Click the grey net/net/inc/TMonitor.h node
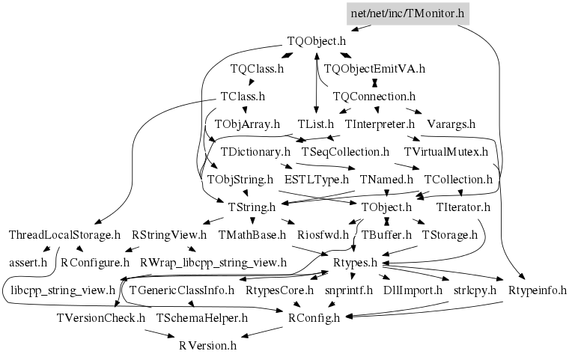tap(409, 13)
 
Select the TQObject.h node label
tap(317, 42)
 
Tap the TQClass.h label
tap(257, 69)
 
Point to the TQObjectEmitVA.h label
tap(374, 69)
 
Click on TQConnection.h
tap(374, 97)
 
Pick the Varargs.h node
tap(451, 123)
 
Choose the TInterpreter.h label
tap(380, 123)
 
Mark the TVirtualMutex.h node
tap(445, 151)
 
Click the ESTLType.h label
tap(317, 179)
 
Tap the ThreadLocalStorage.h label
tap(64, 234)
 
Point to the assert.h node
tap(28, 262)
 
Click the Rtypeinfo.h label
tap(538, 290)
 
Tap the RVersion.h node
tap(208, 345)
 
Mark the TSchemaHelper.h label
tap(201, 317)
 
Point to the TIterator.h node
tap(463, 207)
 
